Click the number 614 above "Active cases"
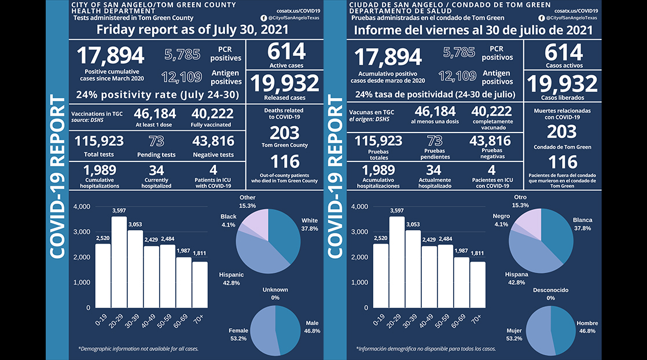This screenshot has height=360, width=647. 286,52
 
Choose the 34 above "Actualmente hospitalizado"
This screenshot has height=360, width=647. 433,171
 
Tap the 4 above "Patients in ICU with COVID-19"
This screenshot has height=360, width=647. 213,171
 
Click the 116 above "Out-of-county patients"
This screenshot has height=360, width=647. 286,161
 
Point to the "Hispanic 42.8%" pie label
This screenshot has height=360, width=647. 231,278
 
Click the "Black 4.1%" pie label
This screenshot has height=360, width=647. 228,220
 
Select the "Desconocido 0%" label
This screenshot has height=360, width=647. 550,293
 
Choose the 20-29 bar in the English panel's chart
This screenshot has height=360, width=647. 119,262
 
